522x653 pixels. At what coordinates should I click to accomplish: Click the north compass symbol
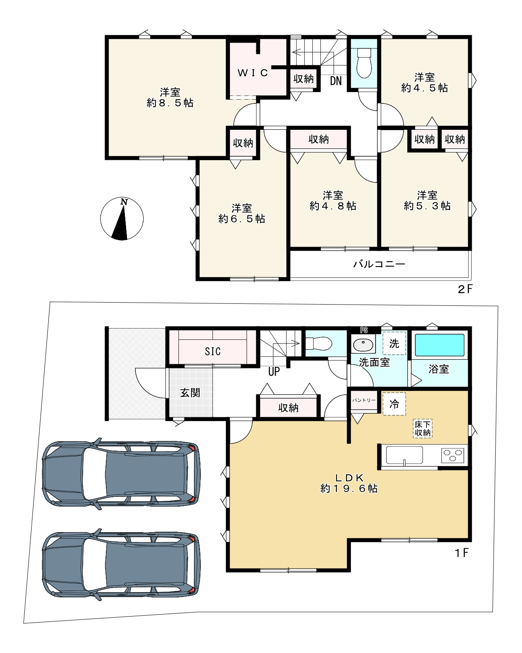click(x=122, y=219)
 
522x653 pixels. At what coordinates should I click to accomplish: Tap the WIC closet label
click(x=253, y=73)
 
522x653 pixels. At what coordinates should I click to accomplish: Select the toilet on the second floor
click(x=364, y=63)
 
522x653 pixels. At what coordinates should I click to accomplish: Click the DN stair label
click(x=336, y=81)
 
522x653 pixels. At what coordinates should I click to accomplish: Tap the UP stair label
click(x=274, y=372)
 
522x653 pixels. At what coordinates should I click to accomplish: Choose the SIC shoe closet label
click(x=213, y=351)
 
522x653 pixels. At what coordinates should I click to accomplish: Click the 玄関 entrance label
click(x=190, y=393)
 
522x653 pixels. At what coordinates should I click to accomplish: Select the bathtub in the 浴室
click(x=439, y=345)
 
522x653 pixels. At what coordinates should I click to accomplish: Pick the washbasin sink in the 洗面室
click(x=363, y=344)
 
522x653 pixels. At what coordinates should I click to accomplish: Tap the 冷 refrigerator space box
click(x=394, y=404)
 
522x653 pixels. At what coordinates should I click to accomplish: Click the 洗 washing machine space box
click(x=394, y=343)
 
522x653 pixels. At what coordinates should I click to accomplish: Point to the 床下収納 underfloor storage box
click(x=423, y=428)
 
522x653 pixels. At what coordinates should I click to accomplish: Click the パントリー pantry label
click(x=364, y=400)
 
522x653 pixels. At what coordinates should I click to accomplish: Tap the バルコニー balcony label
click(x=379, y=264)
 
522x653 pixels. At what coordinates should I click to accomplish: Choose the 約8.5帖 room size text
click(x=170, y=103)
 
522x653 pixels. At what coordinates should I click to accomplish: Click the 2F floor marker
click(x=465, y=289)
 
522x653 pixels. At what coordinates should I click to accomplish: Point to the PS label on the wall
click(x=363, y=330)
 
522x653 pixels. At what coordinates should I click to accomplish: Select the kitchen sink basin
click(x=404, y=455)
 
